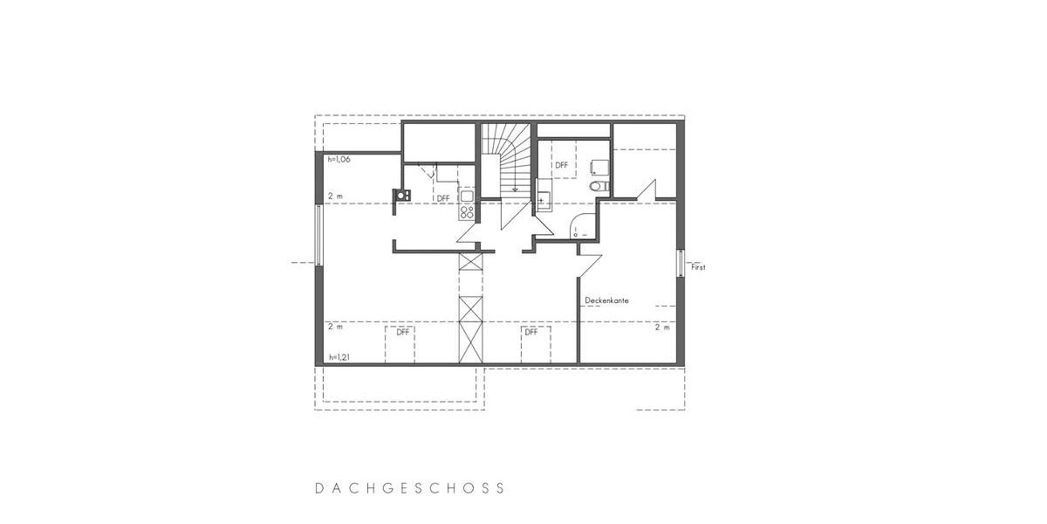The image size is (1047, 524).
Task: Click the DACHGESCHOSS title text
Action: tap(410, 488)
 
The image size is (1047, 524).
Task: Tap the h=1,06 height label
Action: tap(339, 160)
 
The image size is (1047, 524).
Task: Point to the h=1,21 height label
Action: tap(339, 358)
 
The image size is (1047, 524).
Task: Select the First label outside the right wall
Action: tap(698, 267)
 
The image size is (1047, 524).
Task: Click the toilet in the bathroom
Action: tap(595, 186)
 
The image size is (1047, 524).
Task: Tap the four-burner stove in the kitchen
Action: tap(467, 210)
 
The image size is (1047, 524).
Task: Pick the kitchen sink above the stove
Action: tap(465, 194)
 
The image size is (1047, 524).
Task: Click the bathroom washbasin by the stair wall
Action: tap(543, 198)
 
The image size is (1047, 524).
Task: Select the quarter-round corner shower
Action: tap(581, 228)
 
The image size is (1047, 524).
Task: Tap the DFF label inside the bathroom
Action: tap(561, 164)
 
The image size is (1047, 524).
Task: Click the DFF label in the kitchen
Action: tap(443, 198)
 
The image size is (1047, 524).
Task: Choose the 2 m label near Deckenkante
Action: tap(662, 327)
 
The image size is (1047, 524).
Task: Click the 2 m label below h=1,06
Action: tap(335, 196)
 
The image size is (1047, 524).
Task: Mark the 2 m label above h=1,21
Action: tap(335, 327)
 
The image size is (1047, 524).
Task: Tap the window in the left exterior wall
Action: tap(318, 236)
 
